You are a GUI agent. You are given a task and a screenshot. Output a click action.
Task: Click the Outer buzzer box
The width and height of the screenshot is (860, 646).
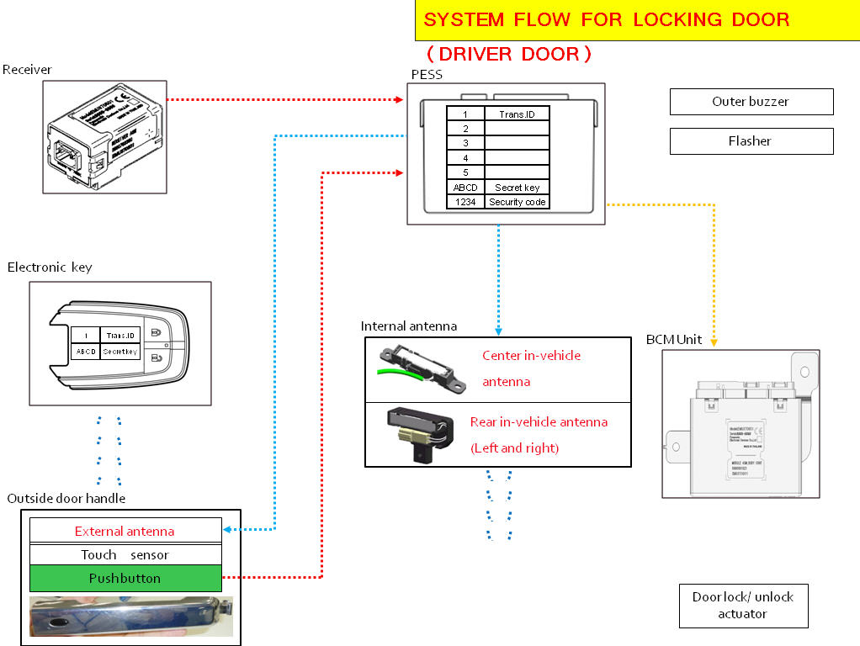pyautogui.click(x=751, y=102)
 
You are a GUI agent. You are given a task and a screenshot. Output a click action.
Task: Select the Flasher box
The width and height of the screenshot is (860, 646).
pyautogui.click(x=751, y=141)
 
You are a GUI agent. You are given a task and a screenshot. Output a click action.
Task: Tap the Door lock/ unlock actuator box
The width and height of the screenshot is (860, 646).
pyautogui.click(x=743, y=606)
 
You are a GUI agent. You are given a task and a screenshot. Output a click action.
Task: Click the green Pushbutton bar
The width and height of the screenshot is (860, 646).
pyautogui.click(x=125, y=579)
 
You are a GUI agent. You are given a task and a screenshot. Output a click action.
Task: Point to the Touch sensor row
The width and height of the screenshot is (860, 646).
pyautogui.click(x=125, y=554)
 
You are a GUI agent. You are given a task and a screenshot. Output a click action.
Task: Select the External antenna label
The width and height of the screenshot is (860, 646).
pyautogui.click(x=125, y=531)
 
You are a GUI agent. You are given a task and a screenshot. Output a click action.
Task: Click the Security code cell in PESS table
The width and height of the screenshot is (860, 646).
pyautogui.click(x=518, y=202)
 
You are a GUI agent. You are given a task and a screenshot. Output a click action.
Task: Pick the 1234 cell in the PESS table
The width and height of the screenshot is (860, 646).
pyautogui.click(x=465, y=202)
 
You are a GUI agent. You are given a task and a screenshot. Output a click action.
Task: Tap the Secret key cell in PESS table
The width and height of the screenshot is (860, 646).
pyautogui.click(x=518, y=188)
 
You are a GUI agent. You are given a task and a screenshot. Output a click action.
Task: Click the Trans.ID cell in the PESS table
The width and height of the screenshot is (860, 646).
pyautogui.click(x=518, y=114)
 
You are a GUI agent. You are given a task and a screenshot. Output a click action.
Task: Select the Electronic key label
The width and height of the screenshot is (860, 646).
pyautogui.click(x=50, y=267)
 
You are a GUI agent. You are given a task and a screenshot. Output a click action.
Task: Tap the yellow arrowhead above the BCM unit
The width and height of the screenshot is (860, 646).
pyautogui.click(x=714, y=342)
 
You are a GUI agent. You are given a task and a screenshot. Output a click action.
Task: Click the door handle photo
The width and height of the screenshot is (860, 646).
pyautogui.click(x=130, y=616)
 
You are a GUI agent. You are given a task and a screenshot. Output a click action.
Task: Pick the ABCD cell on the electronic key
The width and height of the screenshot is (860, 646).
pyautogui.click(x=86, y=352)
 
